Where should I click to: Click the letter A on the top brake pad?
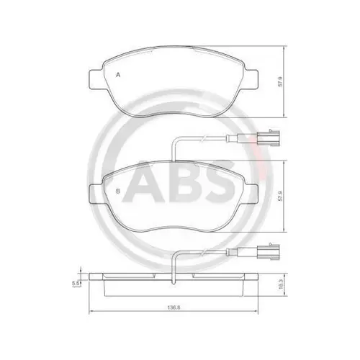(x=117, y=75)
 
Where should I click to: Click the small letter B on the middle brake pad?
(x=116, y=192)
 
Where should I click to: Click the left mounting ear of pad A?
(x=93, y=77)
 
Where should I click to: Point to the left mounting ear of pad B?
(x=93, y=192)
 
